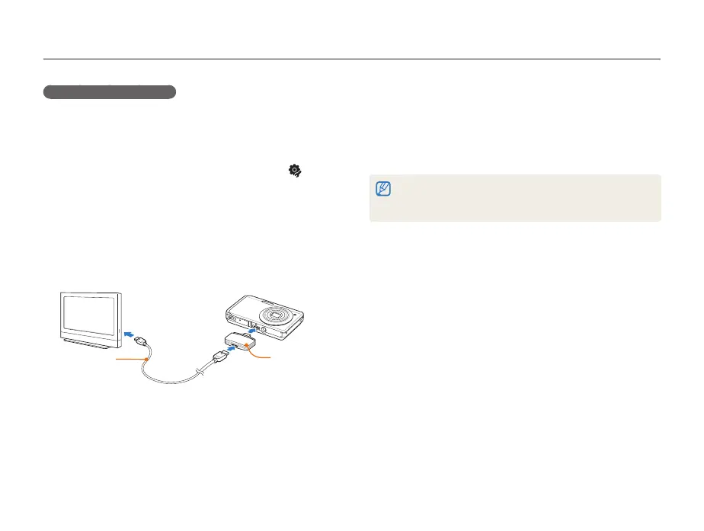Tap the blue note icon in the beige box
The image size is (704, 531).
(382, 188)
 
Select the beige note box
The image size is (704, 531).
(515, 198)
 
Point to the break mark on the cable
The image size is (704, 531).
(200, 371)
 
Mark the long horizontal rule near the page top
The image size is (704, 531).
(351, 59)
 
